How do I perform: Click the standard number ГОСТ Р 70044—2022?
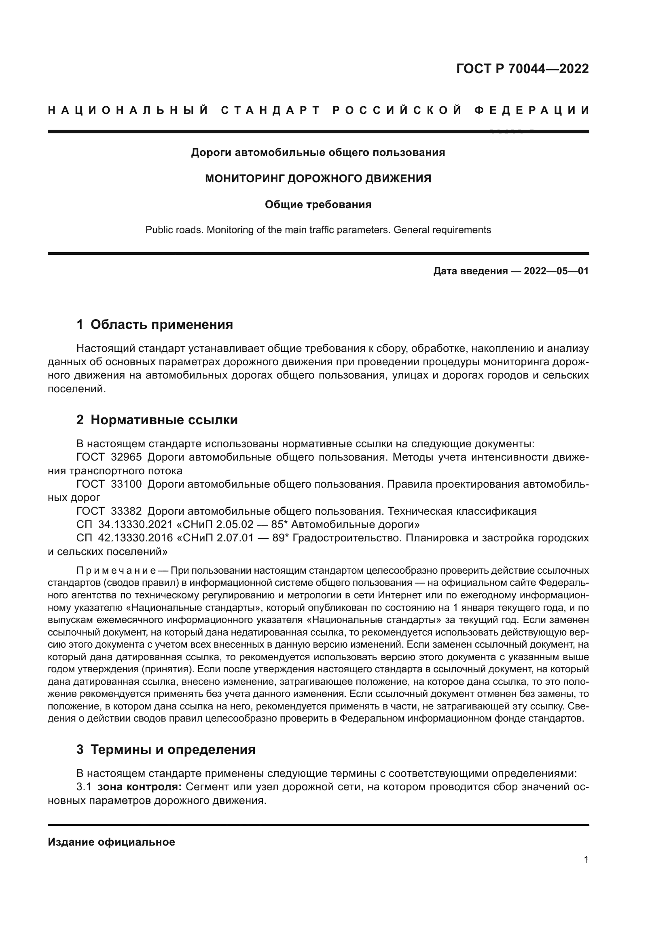coord(522,69)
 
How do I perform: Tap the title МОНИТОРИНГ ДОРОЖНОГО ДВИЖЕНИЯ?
coord(318,179)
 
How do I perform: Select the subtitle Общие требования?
coord(318,204)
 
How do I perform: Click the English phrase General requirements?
coord(442,229)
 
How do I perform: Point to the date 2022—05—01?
coord(556,271)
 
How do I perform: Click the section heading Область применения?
coord(161,324)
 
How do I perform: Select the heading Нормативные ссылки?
coord(164,420)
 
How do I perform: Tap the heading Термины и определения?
coord(173,749)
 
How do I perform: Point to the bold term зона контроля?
coord(139,787)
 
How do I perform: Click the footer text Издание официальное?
coord(111,842)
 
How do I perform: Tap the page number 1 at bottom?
coord(586,871)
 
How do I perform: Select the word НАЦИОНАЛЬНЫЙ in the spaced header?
coord(128,110)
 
